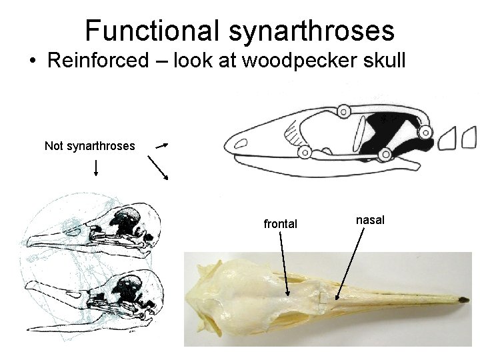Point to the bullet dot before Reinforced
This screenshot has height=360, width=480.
(x=32, y=61)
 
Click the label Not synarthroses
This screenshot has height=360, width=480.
(x=90, y=145)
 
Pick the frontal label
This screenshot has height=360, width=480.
(x=281, y=224)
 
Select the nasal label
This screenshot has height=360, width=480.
(x=370, y=219)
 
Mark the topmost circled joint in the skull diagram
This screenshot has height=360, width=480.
(x=344, y=111)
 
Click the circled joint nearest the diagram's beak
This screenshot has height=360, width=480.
(x=305, y=152)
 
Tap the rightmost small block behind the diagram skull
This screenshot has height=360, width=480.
(x=469, y=137)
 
